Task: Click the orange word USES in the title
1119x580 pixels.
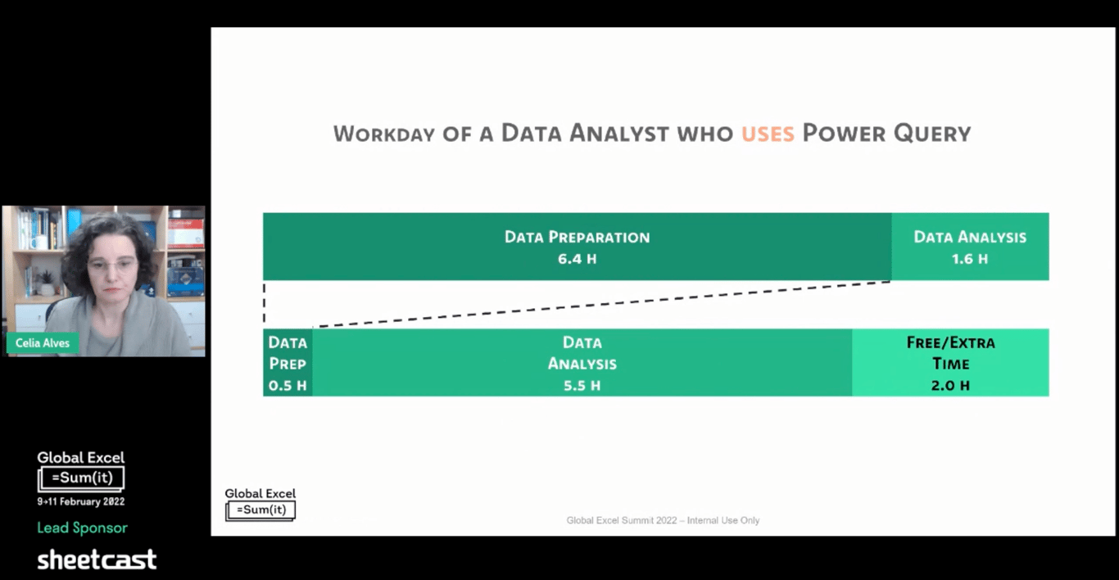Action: click(x=768, y=134)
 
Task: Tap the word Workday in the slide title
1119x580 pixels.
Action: click(x=383, y=134)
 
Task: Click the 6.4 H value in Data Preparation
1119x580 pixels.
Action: click(x=577, y=259)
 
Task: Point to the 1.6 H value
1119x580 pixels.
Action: click(x=970, y=259)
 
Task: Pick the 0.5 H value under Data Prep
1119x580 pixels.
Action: click(x=288, y=386)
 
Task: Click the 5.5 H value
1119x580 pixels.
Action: click(x=582, y=386)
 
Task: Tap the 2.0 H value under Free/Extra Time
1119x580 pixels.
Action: click(x=950, y=386)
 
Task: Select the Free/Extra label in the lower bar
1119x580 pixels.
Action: click(x=950, y=342)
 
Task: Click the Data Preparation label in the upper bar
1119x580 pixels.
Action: click(x=577, y=237)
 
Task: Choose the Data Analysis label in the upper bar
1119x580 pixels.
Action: click(x=970, y=237)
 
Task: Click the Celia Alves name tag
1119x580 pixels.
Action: click(x=43, y=343)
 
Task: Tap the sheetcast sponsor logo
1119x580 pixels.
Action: click(x=97, y=560)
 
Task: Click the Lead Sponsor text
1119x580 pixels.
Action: click(x=83, y=528)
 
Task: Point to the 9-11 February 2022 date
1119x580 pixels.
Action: click(x=81, y=501)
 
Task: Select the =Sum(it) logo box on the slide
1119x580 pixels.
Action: click(x=260, y=510)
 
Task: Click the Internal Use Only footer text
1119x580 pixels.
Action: click(x=723, y=520)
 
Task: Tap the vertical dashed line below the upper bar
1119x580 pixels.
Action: click(x=265, y=303)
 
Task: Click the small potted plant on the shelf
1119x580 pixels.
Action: click(x=47, y=283)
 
